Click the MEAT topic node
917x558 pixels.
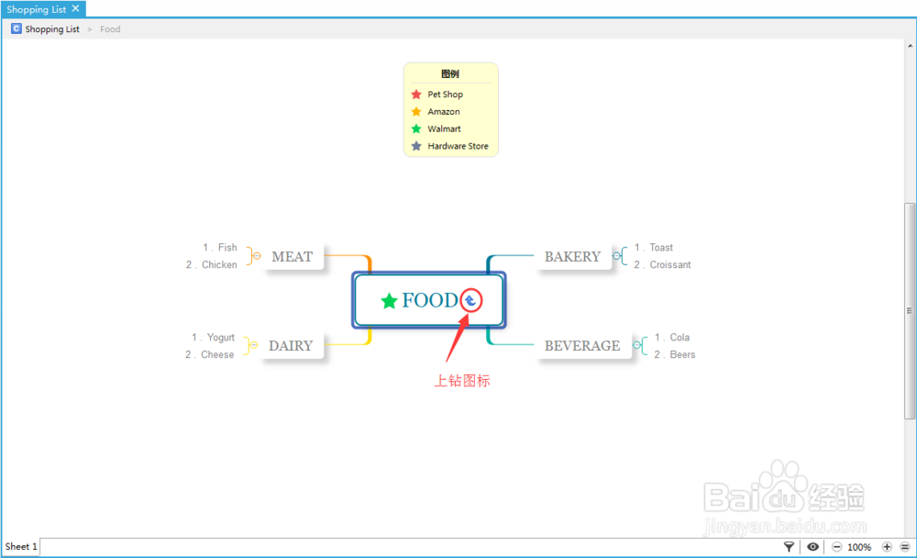point(292,257)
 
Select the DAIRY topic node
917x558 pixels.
point(291,346)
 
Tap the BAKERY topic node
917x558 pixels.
point(572,257)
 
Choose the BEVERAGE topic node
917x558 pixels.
point(582,346)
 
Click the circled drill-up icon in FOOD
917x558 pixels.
point(470,300)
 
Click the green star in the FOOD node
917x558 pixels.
point(389,301)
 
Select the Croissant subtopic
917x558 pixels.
point(670,265)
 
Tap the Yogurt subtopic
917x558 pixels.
point(220,338)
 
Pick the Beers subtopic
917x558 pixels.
point(682,355)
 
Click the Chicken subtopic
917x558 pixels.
point(219,265)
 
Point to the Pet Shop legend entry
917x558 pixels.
point(445,95)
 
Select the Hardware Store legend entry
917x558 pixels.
point(458,147)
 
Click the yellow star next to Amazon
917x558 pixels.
point(416,112)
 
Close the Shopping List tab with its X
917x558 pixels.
point(75,9)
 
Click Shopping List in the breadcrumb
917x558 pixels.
point(52,29)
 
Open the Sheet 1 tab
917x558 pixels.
point(21,547)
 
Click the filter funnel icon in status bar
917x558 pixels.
point(790,547)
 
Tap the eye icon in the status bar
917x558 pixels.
point(812,547)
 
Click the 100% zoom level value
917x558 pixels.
point(859,547)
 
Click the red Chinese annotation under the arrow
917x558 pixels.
point(462,381)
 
